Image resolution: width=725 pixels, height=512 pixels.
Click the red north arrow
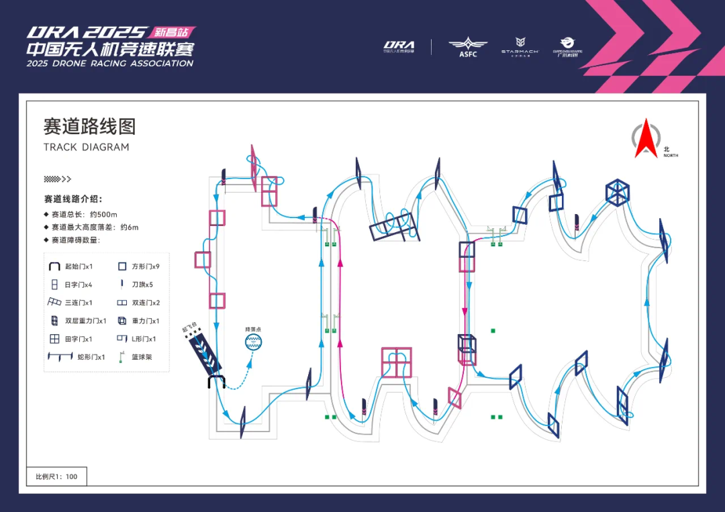646,140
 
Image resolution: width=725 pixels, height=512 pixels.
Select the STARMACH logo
520,46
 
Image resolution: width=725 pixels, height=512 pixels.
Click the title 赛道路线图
89,126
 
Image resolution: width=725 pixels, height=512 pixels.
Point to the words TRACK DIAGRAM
86,147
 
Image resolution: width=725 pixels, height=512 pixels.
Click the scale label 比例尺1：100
56,477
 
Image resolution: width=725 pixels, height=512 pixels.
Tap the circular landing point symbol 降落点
254,342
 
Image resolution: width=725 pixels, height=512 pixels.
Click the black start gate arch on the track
216,382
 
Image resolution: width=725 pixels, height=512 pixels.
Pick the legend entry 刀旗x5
139,285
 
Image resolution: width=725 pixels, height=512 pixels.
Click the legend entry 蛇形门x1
79,357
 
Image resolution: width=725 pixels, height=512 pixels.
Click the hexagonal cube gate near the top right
617,193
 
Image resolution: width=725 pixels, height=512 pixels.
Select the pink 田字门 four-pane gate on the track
396,362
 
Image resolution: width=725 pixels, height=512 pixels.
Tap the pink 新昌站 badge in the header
173,32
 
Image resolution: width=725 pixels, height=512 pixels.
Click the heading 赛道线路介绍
73,199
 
